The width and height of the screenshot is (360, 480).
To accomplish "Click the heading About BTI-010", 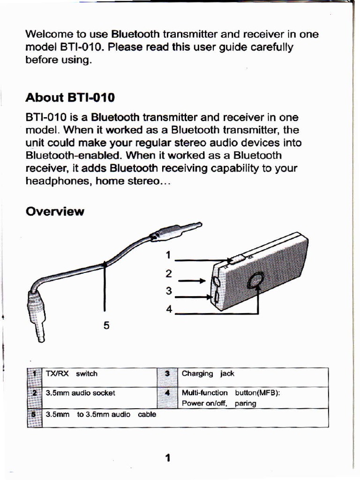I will [x=70, y=98].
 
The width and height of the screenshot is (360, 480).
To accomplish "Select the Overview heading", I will [x=55, y=212].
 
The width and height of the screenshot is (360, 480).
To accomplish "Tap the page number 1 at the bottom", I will [x=167, y=458].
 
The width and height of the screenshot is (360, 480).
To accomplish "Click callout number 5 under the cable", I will [x=106, y=325].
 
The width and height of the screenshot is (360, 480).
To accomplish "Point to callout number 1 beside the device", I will [x=168, y=255].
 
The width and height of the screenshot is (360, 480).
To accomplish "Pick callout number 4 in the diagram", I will [x=169, y=309].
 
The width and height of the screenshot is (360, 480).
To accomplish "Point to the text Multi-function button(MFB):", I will [x=231, y=393].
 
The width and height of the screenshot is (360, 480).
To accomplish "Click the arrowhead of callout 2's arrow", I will [x=203, y=281].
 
